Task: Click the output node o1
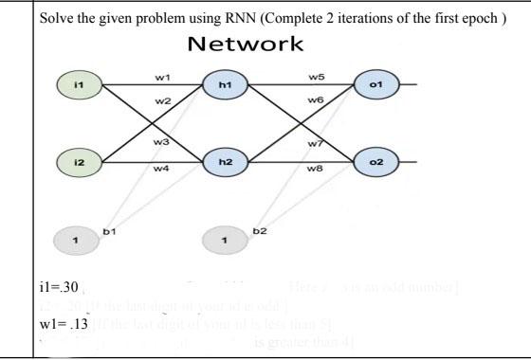pyautogui.click(x=375, y=84)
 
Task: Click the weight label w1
pyautogui.click(x=161, y=75)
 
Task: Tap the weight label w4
pyautogui.click(x=161, y=170)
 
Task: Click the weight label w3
pyautogui.click(x=161, y=141)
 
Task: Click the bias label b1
pyautogui.click(x=109, y=229)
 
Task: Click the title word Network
pyautogui.click(x=246, y=44)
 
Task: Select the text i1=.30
pyautogui.click(x=59, y=287)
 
